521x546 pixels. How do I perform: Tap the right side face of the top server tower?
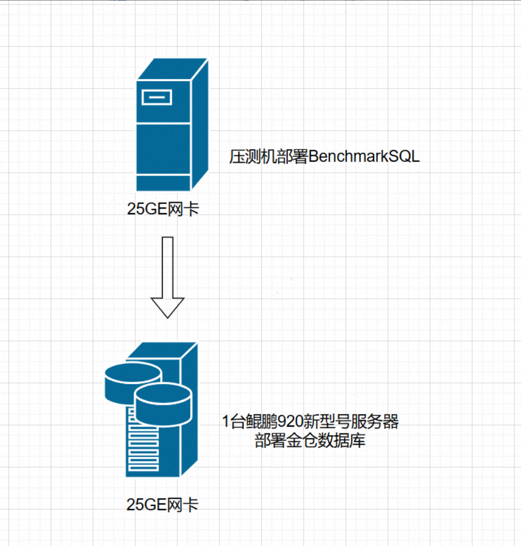[x=200, y=126]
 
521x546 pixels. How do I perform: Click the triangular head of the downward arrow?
[x=168, y=306]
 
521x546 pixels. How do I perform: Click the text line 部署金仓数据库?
[x=310, y=441]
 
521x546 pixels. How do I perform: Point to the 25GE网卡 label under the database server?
[x=162, y=505]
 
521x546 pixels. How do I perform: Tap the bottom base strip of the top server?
[x=163, y=184]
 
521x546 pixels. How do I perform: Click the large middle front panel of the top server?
[x=163, y=149]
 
